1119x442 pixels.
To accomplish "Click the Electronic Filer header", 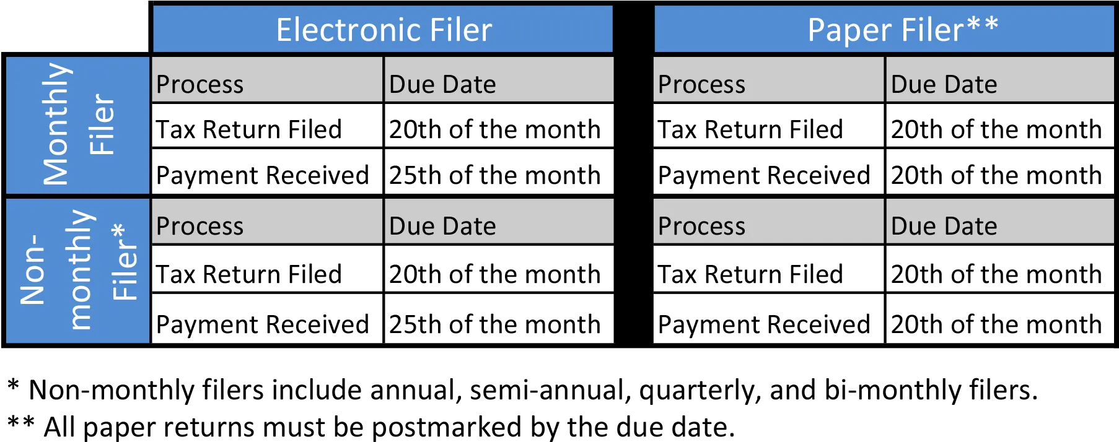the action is [x=384, y=30].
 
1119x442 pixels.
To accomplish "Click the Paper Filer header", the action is [x=903, y=30].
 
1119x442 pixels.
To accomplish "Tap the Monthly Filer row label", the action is [x=78, y=124].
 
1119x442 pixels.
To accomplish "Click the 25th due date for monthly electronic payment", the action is [x=494, y=175].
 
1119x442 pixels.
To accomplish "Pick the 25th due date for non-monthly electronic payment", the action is [x=494, y=324].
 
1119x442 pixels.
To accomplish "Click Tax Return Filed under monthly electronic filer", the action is [x=249, y=129].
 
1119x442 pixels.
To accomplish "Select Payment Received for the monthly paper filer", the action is [x=764, y=175].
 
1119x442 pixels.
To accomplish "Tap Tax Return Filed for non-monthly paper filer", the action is [x=750, y=274].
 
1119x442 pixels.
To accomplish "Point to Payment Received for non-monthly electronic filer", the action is [x=262, y=324].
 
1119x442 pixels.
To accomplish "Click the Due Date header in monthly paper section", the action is [x=944, y=84].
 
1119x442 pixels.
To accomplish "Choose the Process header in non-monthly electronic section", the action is [x=200, y=226].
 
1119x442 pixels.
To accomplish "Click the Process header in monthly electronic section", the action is [x=200, y=84].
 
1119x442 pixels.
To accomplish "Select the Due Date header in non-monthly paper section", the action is [x=944, y=226].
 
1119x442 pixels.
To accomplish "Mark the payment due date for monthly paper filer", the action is [x=996, y=175].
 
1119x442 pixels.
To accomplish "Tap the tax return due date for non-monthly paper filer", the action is [x=996, y=274].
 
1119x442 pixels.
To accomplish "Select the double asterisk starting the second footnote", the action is [x=21, y=423].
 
